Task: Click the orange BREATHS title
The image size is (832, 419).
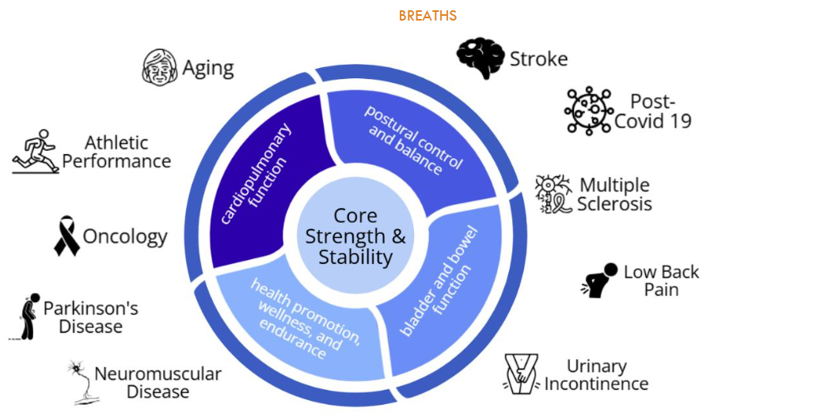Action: [427, 16]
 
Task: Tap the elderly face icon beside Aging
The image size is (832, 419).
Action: [160, 67]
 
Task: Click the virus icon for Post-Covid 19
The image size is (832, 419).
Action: [588, 111]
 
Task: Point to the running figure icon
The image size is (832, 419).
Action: [36, 152]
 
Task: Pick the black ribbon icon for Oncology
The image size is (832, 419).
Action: [66, 236]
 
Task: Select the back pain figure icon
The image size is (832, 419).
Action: [599, 280]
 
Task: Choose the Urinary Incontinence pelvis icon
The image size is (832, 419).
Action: [522, 374]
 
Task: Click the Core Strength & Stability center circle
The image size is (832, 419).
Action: [355, 236]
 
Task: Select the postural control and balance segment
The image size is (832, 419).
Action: [412, 146]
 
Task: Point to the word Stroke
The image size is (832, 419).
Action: [538, 59]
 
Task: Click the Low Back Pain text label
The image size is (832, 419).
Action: [661, 281]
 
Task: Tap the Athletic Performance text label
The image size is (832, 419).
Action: [116, 152]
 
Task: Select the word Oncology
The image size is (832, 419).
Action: [125, 236]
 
